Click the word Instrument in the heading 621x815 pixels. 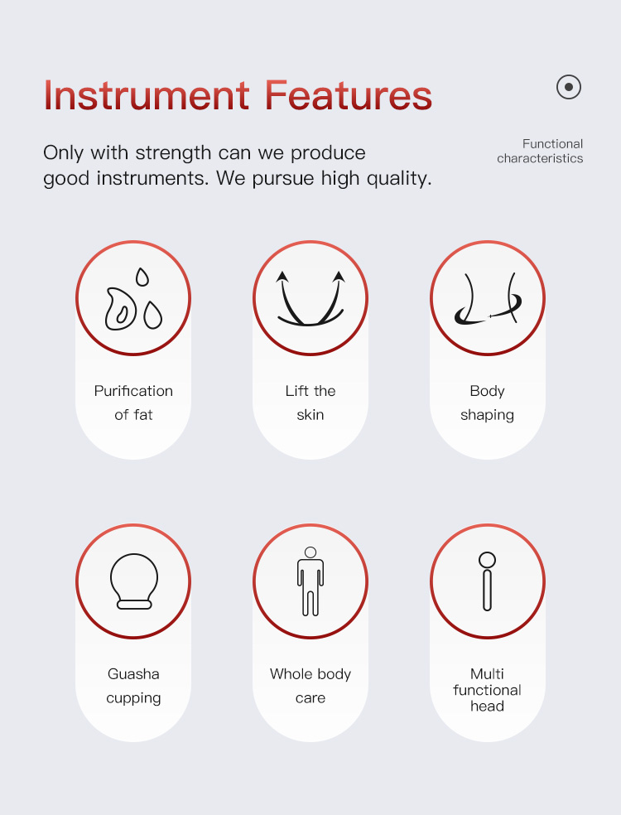[147, 95]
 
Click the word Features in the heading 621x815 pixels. [349, 95]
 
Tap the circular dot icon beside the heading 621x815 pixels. [569, 87]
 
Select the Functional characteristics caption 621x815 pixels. [540, 151]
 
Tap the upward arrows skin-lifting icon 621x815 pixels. [310, 298]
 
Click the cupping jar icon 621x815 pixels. [134, 581]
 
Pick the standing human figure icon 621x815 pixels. [310, 581]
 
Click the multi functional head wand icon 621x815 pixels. [487, 581]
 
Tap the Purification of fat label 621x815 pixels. [133, 403]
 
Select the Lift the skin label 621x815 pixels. [310, 403]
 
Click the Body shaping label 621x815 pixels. [487, 403]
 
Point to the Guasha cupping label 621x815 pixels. [133, 686]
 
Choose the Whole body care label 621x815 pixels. [310, 686]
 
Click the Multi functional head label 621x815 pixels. [487, 690]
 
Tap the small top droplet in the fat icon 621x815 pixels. [142, 277]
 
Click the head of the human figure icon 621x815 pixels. [310, 552]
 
